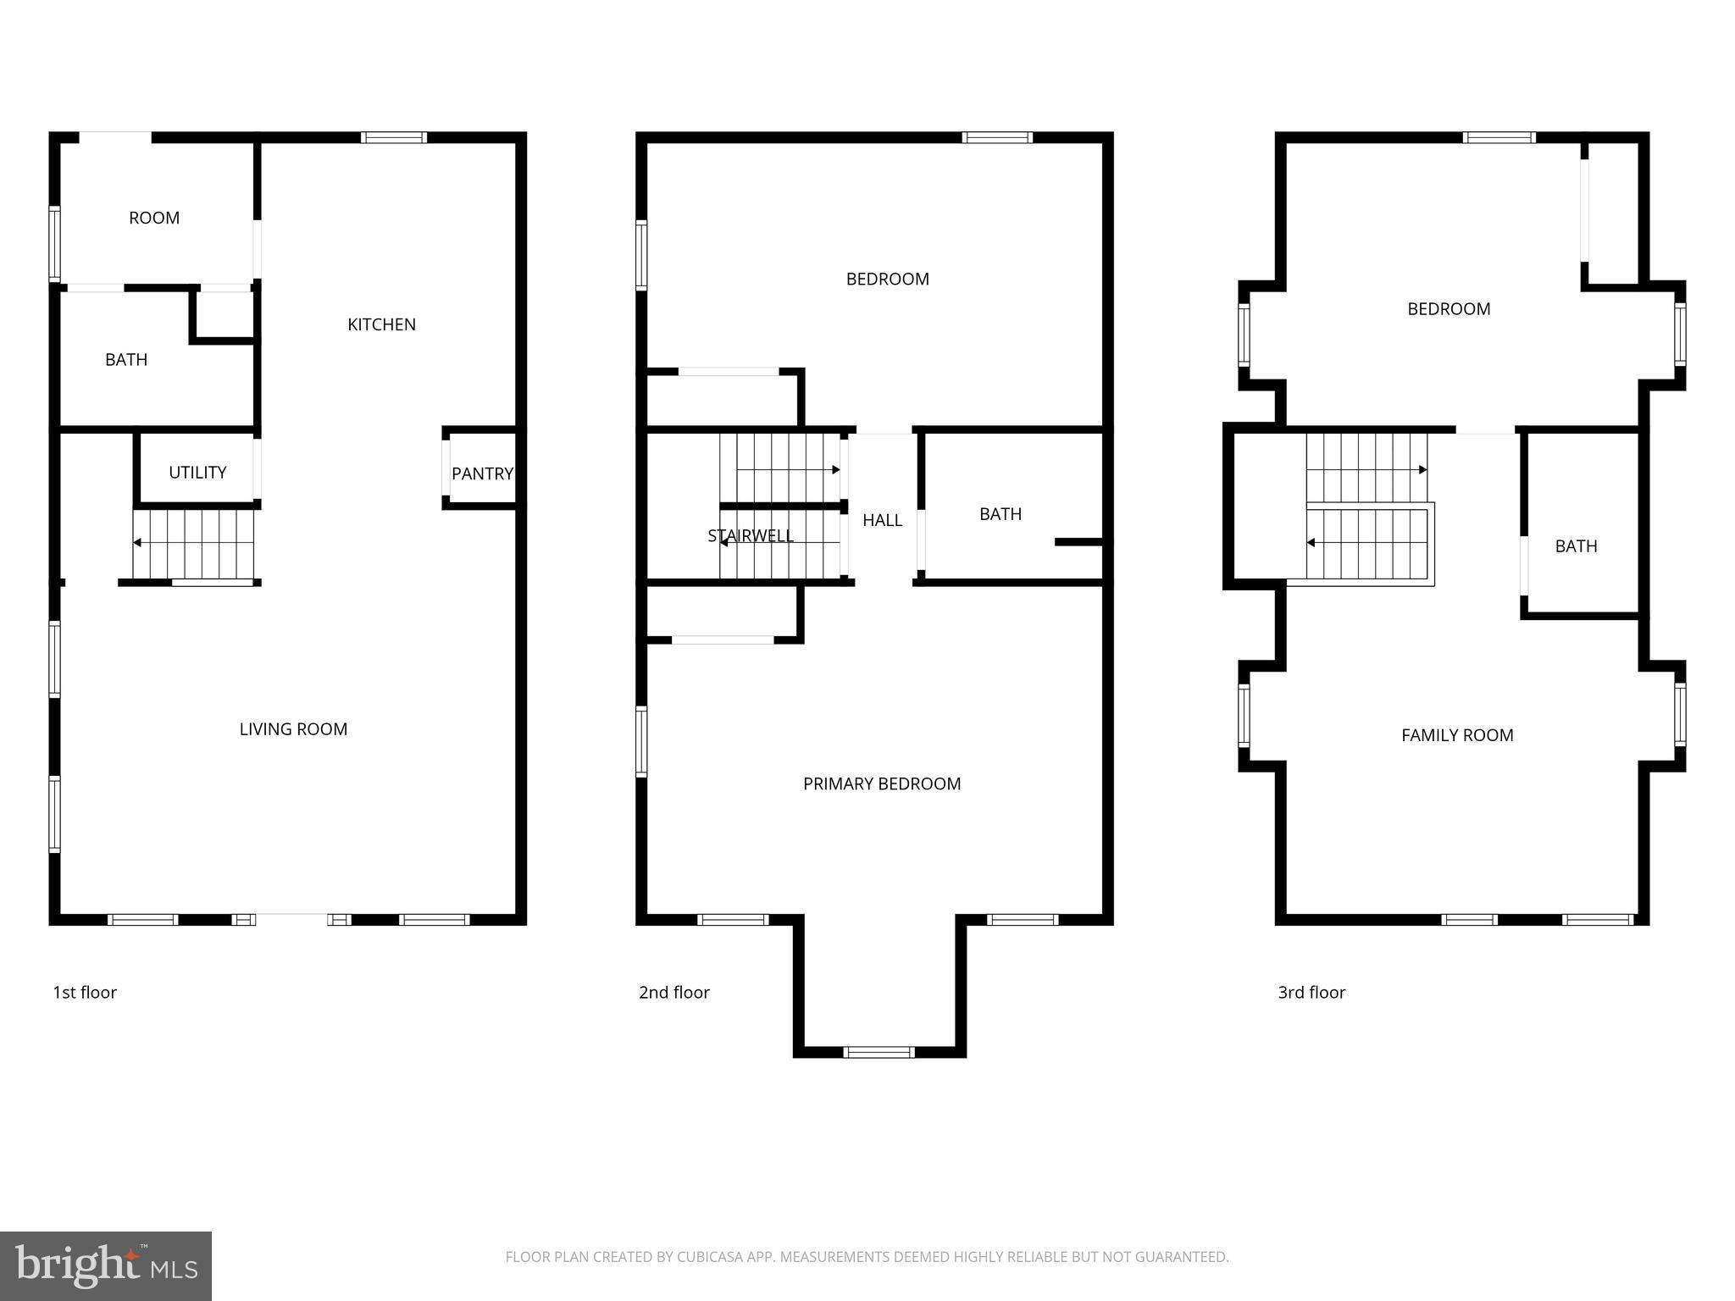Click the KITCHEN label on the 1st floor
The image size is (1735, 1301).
coord(381,324)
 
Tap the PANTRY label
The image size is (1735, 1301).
coord(482,473)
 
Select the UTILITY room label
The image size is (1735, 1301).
coord(197,473)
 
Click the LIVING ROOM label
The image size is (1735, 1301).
coord(293,729)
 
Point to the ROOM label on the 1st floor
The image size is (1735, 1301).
coord(154,218)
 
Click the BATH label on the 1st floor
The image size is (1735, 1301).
coord(126,360)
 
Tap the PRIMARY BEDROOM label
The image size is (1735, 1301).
coord(882,784)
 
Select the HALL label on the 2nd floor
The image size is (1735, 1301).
coord(882,520)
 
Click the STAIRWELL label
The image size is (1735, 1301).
coord(751,535)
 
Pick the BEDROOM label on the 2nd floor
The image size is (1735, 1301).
coord(887,280)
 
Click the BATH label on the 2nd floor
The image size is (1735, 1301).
coord(1001,514)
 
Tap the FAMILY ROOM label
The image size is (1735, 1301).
coord(1457,735)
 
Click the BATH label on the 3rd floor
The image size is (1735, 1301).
coord(1576,546)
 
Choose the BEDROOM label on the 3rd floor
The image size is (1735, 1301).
coord(1449,309)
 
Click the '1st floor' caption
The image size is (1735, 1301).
coord(85,992)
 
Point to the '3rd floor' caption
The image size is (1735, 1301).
coord(1311,992)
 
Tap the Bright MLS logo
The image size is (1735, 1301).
coord(106,1265)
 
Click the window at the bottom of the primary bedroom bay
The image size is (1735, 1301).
coord(879,1052)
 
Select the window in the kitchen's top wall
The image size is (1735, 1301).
coord(393,137)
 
